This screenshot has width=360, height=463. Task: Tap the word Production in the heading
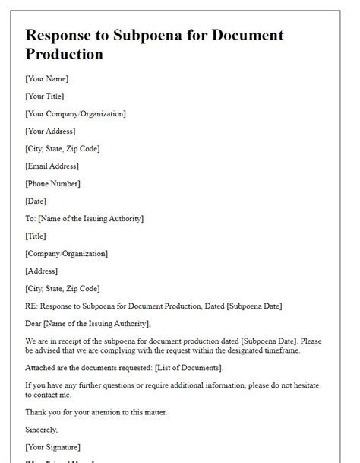point(64,55)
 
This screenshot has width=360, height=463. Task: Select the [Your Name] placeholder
point(47,78)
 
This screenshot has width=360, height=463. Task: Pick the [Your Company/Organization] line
point(75,113)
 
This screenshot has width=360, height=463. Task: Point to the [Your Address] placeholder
point(51,131)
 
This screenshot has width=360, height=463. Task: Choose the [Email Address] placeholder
point(52,166)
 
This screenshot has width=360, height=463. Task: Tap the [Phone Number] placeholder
point(53,183)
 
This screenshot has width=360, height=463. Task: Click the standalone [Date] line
point(36,201)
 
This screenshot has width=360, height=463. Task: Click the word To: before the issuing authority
point(32,218)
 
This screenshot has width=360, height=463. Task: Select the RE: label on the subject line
point(33,306)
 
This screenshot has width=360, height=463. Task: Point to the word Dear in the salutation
point(35,323)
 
